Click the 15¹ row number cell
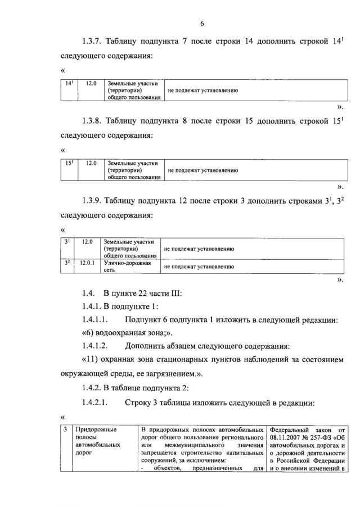coord(69,163)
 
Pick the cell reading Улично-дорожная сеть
coord(124,265)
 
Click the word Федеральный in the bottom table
coord(290,430)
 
